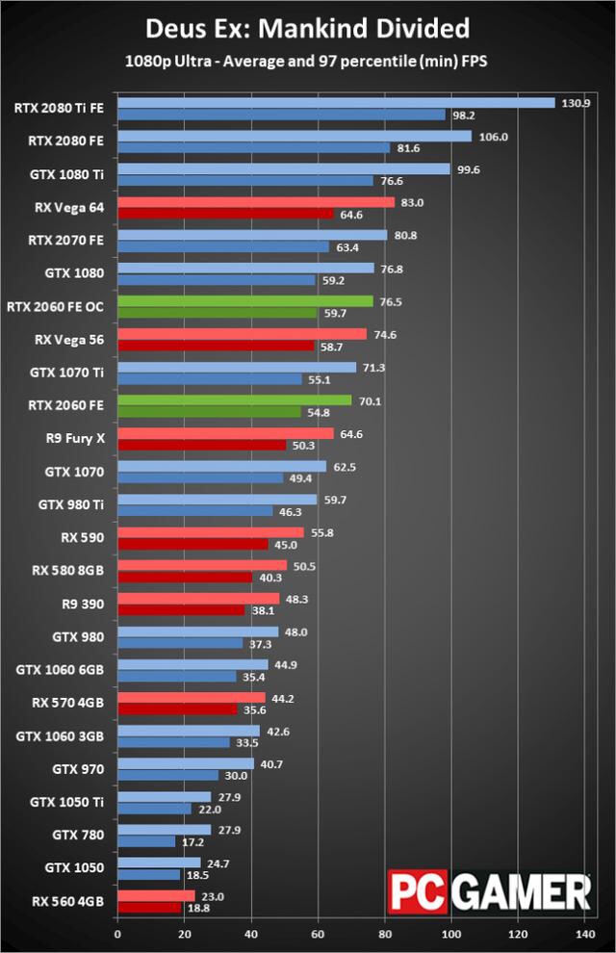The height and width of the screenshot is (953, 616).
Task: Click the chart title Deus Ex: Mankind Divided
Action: coord(308,26)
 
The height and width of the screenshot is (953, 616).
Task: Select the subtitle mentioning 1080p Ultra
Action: coord(308,61)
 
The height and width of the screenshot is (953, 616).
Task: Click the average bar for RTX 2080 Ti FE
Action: coord(336,103)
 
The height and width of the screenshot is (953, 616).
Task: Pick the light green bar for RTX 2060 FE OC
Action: coord(244,301)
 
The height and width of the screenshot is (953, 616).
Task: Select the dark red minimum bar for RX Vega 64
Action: coord(224,214)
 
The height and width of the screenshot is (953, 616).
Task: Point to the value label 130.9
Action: coord(575,103)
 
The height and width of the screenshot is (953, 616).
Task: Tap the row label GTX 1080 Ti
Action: coord(73,174)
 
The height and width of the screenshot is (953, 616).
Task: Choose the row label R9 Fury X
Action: coord(76,440)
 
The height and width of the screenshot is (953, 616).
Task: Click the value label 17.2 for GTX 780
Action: coord(193,841)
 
